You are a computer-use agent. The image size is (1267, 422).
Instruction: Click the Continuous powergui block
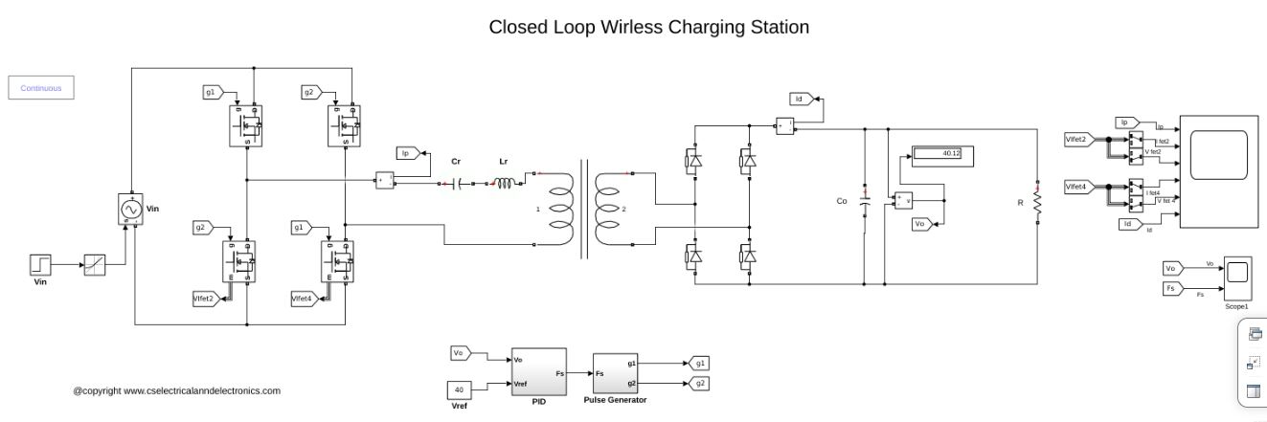pos(41,88)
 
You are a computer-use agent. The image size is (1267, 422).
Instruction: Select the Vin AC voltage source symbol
pos(128,209)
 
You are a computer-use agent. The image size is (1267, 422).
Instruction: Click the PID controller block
pos(538,372)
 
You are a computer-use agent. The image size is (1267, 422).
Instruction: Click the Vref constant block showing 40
pos(460,389)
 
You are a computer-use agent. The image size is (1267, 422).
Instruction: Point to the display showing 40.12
pos(942,154)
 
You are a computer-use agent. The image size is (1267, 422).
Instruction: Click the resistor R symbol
pos(1036,202)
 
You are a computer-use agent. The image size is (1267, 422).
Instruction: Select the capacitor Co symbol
pos(865,202)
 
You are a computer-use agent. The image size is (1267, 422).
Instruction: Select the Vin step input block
pos(41,263)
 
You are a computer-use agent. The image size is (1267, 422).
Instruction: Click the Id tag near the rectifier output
pos(802,99)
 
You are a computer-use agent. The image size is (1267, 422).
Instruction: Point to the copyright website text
pos(176,390)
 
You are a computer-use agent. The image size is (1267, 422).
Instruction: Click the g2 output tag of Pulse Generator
pos(699,383)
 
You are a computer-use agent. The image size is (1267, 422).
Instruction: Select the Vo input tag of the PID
pos(460,354)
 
